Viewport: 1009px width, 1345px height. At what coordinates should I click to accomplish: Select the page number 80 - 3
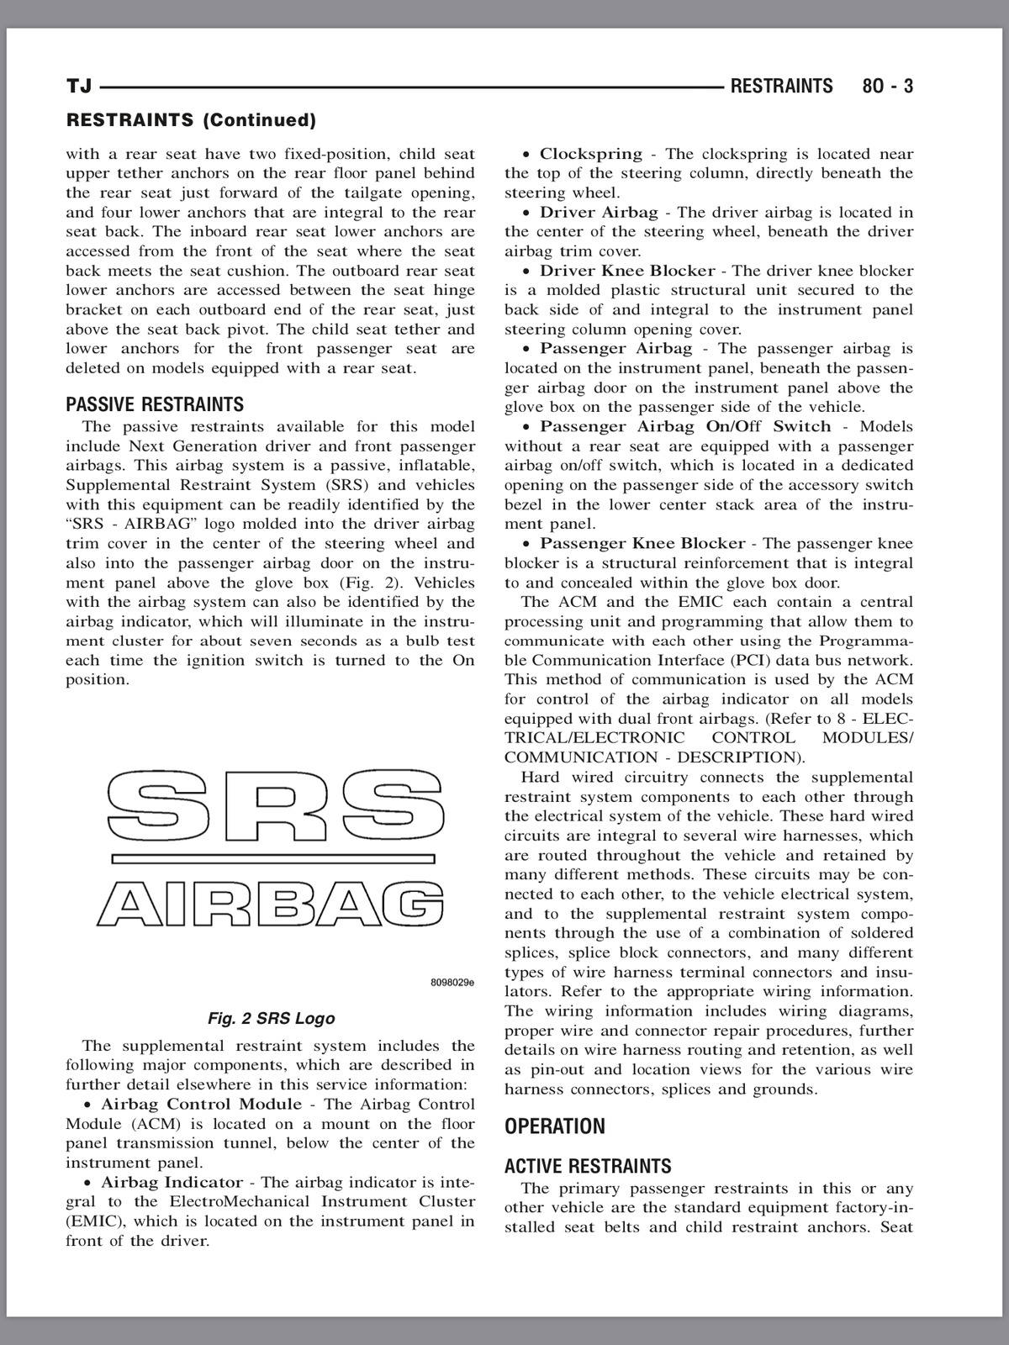(887, 87)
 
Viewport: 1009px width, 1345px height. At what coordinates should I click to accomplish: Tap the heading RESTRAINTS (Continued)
(191, 120)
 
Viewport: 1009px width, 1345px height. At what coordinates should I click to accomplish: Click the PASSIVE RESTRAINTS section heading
(155, 404)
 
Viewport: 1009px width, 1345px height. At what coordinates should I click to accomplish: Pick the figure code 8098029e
(452, 981)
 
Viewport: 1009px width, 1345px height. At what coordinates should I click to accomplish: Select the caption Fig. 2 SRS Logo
(271, 1018)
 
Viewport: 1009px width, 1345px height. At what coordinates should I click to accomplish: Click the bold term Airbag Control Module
(201, 1104)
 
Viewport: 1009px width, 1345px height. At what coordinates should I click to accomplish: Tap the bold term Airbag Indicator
(172, 1182)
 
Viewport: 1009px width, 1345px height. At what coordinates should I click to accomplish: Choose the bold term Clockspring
(590, 154)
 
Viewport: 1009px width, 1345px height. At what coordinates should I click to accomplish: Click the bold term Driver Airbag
(599, 213)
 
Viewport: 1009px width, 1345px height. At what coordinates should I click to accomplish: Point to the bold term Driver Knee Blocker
(627, 271)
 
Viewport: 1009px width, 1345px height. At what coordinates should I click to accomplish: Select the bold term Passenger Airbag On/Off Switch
(685, 426)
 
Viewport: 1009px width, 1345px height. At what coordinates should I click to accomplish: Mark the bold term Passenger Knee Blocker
(642, 543)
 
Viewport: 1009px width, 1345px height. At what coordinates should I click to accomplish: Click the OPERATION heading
(555, 1126)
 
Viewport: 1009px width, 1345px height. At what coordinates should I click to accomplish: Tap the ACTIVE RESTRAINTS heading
(588, 1166)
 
